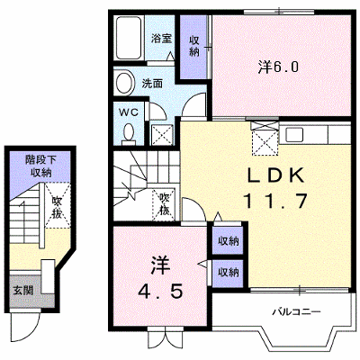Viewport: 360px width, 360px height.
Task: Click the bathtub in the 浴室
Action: pos(129,38)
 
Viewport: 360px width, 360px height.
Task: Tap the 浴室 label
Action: pos(161,39)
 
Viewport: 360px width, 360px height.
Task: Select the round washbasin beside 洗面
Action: pos(125,83)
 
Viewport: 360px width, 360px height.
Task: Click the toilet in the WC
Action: pos(130,133)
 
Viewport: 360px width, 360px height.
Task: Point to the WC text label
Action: pos(129,112)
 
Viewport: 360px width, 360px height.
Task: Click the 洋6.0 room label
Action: pos(278,67)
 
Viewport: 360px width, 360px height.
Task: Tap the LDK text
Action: pos(276,175)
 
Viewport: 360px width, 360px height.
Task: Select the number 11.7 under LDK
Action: pos(276,201)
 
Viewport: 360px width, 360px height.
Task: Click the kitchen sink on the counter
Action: pos(293,135)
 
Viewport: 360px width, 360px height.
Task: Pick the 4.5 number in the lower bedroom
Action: pos(160,291)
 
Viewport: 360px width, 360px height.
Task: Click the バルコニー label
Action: pos(296,312)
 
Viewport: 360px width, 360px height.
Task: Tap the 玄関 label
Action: pos(22,290)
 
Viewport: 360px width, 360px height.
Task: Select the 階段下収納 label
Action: pos(40,166)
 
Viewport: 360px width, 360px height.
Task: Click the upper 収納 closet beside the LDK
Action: pos(228,240)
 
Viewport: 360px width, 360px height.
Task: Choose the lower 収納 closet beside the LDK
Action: pos(228,273)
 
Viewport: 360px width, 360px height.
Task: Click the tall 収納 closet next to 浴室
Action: pos(193,47)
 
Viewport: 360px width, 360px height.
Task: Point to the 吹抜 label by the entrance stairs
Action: pos(55,207)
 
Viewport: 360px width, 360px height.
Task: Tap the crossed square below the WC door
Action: pos(162,135)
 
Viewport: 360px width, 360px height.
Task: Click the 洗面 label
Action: pos(152,84)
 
